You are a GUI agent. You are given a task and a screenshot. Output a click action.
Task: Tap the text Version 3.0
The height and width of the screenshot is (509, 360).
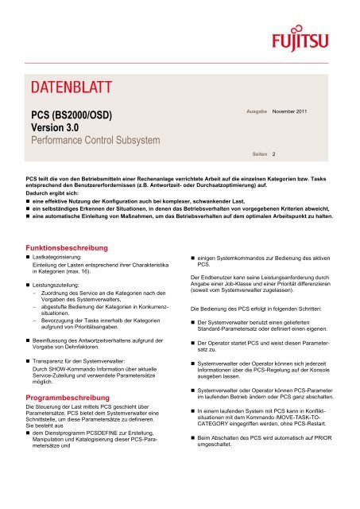(53, 130)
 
